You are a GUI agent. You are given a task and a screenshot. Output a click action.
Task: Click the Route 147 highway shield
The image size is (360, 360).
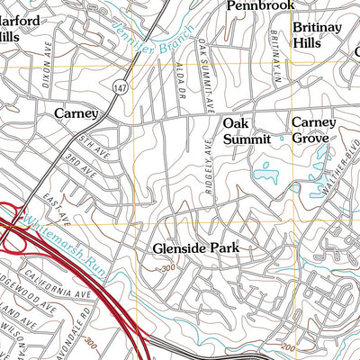pyautogui.click(x=118, y=87)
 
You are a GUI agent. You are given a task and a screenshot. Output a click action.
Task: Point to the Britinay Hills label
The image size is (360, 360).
pyautogui.click(x=316, y=34)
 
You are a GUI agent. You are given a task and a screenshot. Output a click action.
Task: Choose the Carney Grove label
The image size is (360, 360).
pyautogui.click(x=313, y=130)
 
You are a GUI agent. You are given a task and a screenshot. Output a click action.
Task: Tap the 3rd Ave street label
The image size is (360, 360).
pyautogui.click(x=81, y=160)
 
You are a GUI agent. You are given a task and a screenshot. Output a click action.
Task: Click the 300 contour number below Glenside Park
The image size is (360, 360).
pyautogui.click(x=166, y=268)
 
